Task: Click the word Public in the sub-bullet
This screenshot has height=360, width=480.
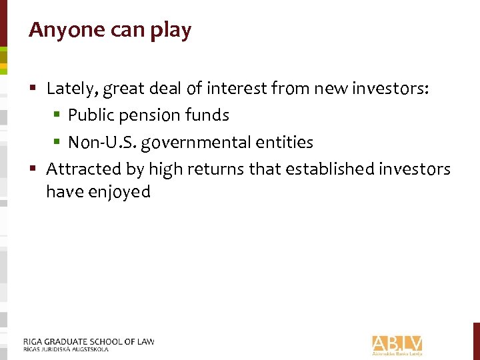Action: (x=90, y=115)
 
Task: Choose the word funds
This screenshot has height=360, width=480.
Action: (x=207, y=115)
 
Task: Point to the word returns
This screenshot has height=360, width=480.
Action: (x=217, y=169)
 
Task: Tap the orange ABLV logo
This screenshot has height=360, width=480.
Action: (x=397, y=344)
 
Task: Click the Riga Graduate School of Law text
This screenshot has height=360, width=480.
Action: (x=88, y=341)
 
